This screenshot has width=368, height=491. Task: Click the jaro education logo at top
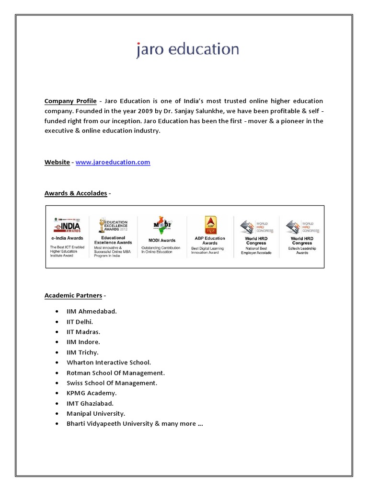point(187,49)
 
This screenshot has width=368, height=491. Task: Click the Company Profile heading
point(70,101)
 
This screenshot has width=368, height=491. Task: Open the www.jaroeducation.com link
point(113,162)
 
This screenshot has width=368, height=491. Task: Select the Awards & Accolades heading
point(76,193)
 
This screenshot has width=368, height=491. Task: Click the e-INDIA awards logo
point(67,225)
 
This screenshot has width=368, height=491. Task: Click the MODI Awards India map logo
point(162,225)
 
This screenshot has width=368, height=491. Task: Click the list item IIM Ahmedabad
point(92,311)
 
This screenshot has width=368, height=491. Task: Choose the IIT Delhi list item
point(80,321)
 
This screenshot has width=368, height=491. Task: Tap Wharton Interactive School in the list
point(109,362)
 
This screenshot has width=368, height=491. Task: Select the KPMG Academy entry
point(92,393)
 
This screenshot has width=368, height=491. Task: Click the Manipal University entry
point(96,413)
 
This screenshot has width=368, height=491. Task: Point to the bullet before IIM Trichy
point(57,352)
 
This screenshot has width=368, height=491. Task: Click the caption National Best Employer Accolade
point(256,250)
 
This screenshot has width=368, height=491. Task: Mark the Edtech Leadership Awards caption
point(302,250)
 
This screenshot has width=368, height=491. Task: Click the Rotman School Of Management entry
point(116,373)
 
